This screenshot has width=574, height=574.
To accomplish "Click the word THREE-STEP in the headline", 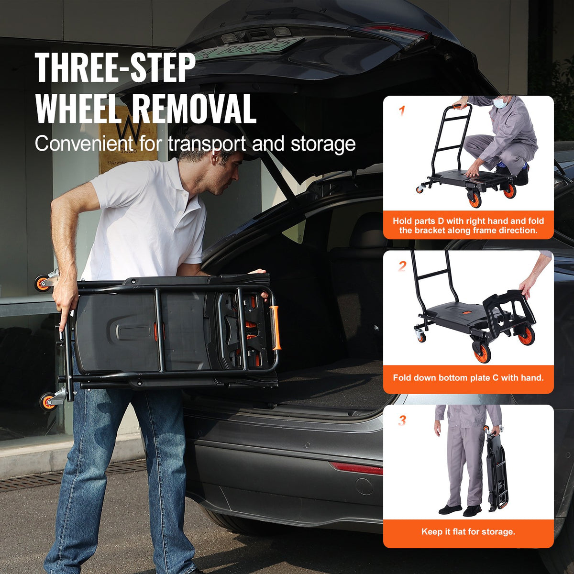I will [115, 68].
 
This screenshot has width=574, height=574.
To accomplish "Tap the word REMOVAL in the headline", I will [194, 109].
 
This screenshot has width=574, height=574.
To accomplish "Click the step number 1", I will [402, 111].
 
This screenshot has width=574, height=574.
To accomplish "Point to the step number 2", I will [402, 266].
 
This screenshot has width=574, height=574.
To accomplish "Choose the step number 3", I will [402, 420].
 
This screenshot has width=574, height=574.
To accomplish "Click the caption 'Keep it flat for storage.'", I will [468, 531].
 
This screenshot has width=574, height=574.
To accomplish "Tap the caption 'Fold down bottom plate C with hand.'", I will [468, 378].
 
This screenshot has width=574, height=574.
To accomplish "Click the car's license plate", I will [249, 48].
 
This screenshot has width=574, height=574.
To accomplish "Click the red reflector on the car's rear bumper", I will [356, 468].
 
